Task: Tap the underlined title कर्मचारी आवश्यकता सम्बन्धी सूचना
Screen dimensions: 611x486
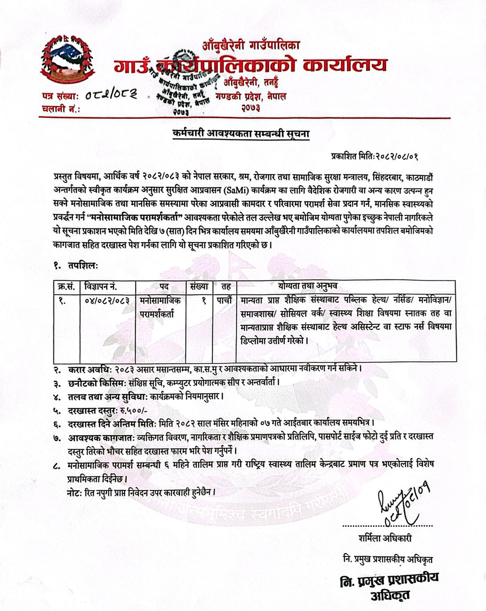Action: (241, 133)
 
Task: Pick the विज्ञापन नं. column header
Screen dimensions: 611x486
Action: (101, 286)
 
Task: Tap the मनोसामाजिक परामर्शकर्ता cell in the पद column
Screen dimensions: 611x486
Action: (160, 307)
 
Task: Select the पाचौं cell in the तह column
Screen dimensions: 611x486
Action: (226, 301)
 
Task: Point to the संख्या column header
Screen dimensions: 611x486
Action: (199, 286)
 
